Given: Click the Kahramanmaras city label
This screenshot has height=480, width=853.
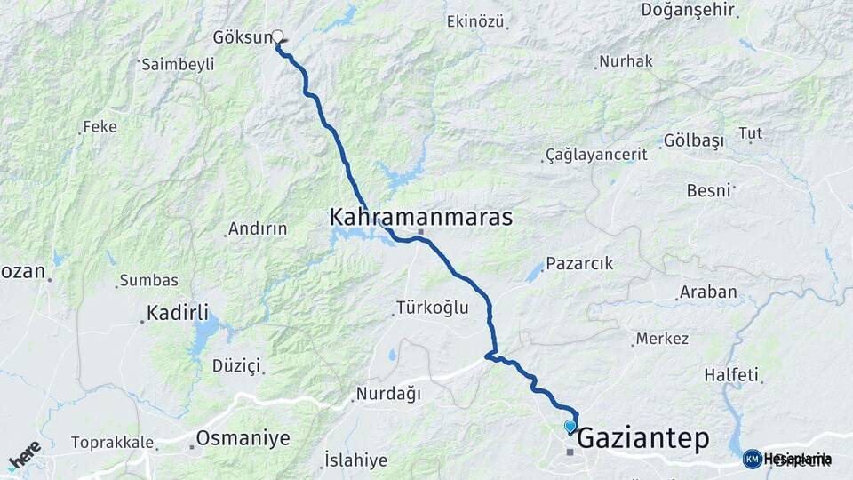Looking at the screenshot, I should click(420, 217).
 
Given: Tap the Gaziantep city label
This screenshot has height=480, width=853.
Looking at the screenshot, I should click(644, 438).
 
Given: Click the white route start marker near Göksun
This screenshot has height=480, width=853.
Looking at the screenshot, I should click(277, 36).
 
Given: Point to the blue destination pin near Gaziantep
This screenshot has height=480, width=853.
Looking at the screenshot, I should click(570, 427).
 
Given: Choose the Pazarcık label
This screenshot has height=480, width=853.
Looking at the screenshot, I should click(579, 264).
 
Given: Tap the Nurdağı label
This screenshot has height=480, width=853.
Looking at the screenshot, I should click(388, 394).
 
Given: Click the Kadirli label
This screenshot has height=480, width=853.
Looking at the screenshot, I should click(178, 313).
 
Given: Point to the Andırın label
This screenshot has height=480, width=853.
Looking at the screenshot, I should click(258, 228).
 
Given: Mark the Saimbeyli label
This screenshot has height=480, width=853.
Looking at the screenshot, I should click(178, 64).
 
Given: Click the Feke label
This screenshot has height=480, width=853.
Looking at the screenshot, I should click(100, 127).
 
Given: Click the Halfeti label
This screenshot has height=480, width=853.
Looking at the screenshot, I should click(731, 375).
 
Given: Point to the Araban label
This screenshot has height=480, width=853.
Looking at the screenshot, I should click(708, 292).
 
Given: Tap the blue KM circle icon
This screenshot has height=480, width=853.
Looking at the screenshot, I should click(752, 459).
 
